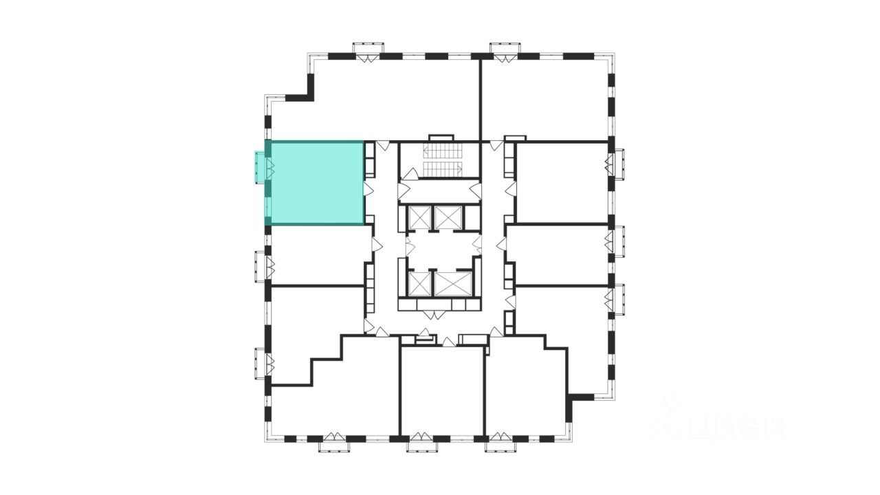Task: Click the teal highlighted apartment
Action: pos(315,183)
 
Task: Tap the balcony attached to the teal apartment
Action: pos(260,167)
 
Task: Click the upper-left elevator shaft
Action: pos(419,218)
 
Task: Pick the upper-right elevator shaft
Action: pos(449,218)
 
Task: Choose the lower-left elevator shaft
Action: pos(419,283)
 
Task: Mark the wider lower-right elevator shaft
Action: pos(453,283)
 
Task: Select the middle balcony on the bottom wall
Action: pos(422,445)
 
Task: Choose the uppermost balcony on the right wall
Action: pos(619,164)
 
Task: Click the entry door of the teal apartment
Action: pos(368,189)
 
